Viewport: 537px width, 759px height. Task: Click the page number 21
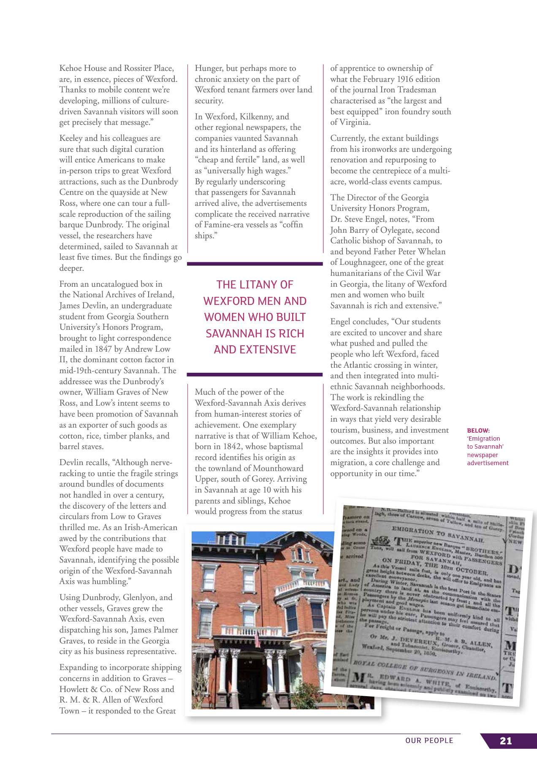tap(506, 741)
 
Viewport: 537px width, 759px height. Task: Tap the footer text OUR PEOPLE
tap(429, 741)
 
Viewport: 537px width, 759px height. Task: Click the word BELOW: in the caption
tap(478, 431)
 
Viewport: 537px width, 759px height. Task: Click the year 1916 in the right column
tap(405, 79)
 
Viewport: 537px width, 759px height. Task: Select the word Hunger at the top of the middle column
tap(209, 68)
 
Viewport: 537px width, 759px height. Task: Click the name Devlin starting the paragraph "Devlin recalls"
tap(72, 463)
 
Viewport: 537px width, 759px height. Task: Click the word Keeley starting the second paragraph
tap(72, 138)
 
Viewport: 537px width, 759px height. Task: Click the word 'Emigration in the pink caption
tap(483, 439)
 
